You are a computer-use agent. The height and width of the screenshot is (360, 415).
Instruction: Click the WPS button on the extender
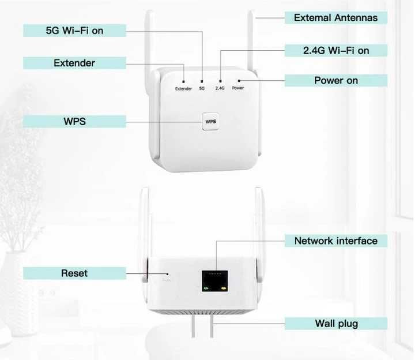[x=210, y=122]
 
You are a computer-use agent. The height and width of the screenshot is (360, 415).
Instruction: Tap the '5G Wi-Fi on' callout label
[x=74, y=31]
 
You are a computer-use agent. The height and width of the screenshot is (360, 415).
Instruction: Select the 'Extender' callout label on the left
[x=74, y=62]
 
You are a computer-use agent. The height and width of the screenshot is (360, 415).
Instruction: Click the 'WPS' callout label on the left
[x=74, y=121]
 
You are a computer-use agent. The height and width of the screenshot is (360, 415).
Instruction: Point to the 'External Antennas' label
[x=335, y=18]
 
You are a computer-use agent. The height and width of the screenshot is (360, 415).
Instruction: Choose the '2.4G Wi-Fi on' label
[x=335, y=51]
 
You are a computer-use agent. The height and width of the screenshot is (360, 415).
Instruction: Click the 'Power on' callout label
[x=335, y=80]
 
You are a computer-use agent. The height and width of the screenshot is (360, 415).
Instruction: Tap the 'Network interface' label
[x=335, y=241]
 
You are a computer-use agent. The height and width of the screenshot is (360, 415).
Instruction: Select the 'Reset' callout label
[x=74, y=273]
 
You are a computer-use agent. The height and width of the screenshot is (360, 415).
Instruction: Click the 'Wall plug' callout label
[x=335, y=323]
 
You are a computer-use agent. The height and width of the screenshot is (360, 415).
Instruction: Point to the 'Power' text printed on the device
[x=238, y=88]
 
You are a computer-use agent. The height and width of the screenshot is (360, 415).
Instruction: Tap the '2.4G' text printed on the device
[x=220, y=88]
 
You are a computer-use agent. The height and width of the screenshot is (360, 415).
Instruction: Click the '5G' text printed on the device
[x=202, y=88]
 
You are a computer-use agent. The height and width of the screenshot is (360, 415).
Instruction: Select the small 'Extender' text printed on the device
[x=183, y=88]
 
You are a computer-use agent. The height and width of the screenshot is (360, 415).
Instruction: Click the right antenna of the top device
[x=251, y=40]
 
